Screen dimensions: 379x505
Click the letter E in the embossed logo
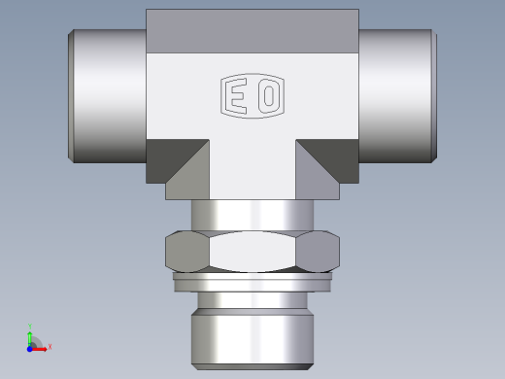point(238,97)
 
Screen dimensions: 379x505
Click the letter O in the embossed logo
point(267,97)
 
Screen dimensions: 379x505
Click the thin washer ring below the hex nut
point(252,282)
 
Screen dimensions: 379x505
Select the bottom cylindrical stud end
point(252,335)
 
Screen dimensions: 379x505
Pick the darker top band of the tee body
point(252,31)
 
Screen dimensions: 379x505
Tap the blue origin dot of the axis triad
point(30,347)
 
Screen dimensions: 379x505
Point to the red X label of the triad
point(50,346)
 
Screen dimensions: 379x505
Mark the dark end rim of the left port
point(71,95)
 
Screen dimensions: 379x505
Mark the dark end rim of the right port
point(433,95)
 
